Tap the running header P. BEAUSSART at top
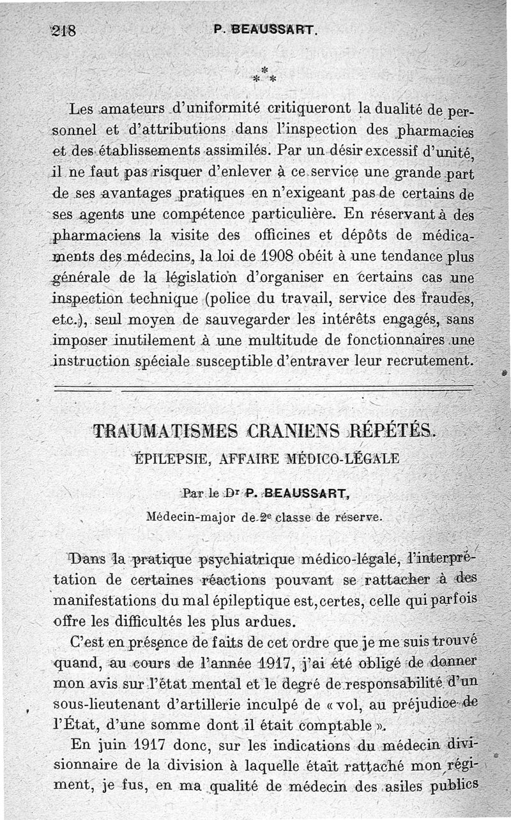266,29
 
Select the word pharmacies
438,131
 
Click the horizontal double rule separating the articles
264,387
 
